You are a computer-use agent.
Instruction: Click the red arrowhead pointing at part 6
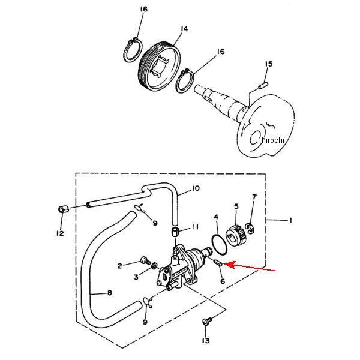[229, 265]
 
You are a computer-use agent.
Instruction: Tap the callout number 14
[184, 29]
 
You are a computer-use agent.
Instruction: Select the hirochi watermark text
[273, 140]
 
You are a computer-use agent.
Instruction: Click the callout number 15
[269, 64]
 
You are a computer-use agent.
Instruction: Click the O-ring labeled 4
[219, 245]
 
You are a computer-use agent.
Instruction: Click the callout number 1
[290, 221]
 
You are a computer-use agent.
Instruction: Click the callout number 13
[206, 341]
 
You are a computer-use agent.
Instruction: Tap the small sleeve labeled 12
[63, 209]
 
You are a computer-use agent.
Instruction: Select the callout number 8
[110, 293]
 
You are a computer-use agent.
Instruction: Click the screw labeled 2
[145, 261]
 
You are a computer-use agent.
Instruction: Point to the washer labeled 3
[155, 266]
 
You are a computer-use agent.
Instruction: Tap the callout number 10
[196, 188]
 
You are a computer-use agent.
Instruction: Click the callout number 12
[60, 233]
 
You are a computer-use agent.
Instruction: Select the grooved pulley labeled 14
[160, 67]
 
